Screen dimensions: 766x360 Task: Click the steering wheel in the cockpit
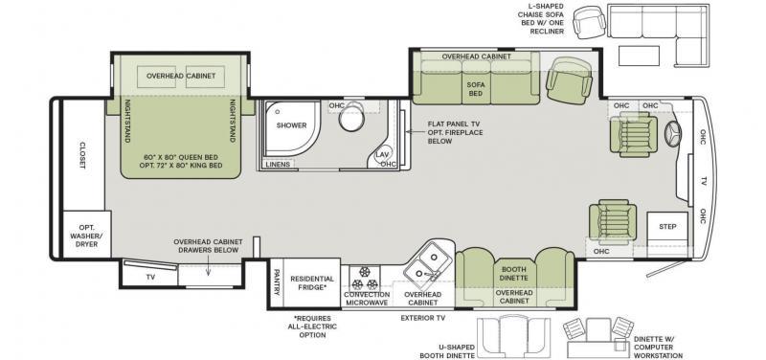(673, 131)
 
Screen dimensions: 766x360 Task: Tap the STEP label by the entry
(667, 227)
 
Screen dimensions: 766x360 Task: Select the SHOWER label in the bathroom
(291, 125)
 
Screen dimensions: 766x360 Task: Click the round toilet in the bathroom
(352, 118)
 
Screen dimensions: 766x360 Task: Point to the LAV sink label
(381, 154)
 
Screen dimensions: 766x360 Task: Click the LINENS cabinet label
(278, 164)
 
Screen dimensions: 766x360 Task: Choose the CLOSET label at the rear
(82, 155)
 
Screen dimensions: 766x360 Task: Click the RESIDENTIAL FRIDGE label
(312, 282)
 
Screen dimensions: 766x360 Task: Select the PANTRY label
(277, 282)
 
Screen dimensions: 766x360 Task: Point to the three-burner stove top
(365, 278)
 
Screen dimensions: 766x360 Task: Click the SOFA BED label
(475, 88)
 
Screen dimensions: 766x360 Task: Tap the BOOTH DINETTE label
(513, 273)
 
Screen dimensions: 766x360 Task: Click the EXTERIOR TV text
(423, 318)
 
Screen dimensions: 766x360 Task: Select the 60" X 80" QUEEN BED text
(181, 157)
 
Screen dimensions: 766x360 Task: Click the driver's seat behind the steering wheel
(633, 134)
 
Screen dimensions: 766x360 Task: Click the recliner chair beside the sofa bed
(569, 80)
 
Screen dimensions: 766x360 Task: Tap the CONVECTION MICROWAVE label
(367, 299)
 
